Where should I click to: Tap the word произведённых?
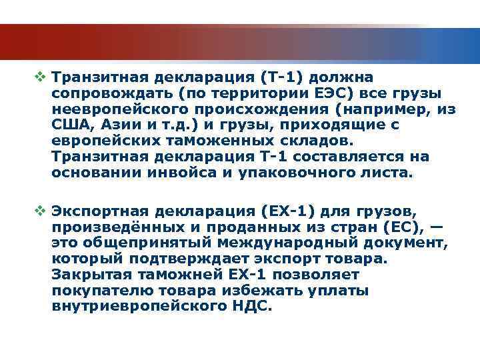pyautogui.click(x=106, y=228)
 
